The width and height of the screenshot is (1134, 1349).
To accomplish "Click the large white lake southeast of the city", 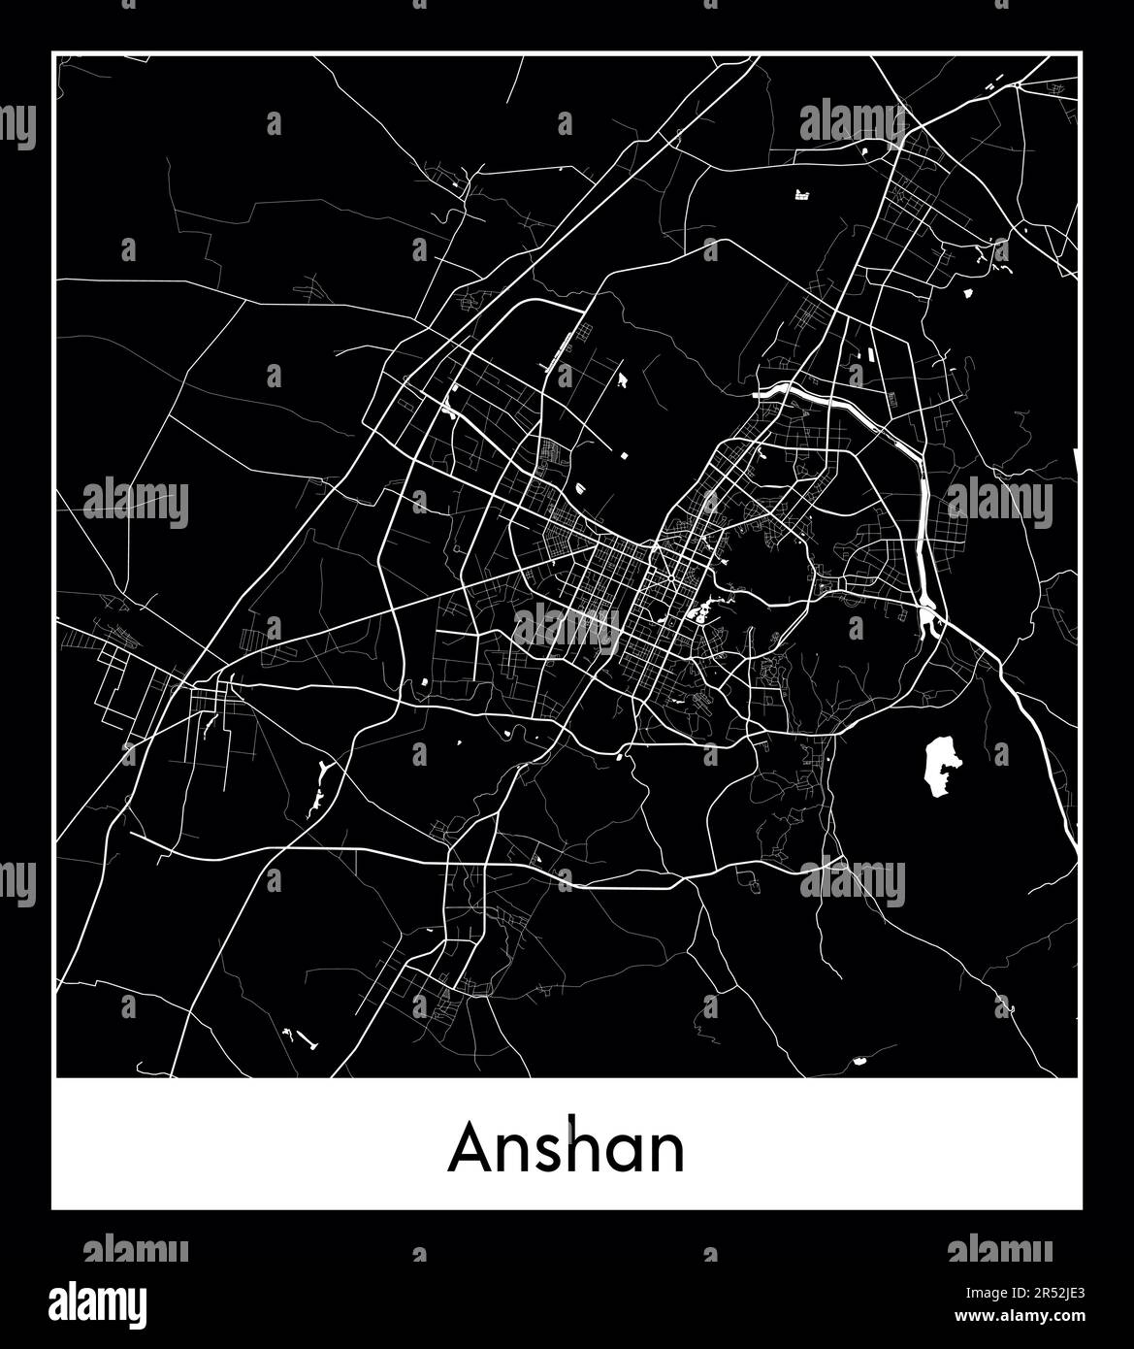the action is pyautogui.click(x=939, y=766).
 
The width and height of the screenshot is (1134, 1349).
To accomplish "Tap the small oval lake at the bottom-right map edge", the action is pyautogui.click(x=859, y=1061).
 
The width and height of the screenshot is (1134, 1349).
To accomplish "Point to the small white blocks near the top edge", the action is pyautogui.click(x=802, y=195).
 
